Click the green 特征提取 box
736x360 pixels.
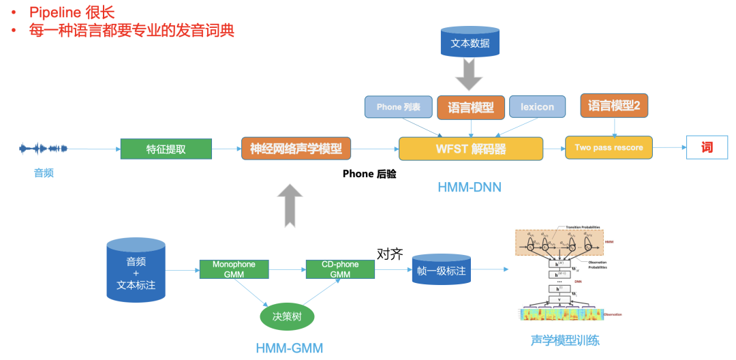click(166, 149)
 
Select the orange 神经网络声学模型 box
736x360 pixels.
click(296, 149)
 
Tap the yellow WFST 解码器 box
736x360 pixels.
click(470, 149)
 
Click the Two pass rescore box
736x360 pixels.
click(609, 147)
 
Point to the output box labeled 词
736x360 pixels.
click(707, 147)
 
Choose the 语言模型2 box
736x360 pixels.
click(614, 106)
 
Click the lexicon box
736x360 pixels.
click(537, 107)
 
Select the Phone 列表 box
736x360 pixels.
click(398, 107)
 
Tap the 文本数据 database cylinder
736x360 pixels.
click(470, 42)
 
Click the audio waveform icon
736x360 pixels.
click(44, 148)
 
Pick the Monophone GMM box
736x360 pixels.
click(234, 269)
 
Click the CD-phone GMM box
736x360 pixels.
click(340, 269)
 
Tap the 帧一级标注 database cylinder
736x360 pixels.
click(442, 270)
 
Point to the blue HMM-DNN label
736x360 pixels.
click(470, 186)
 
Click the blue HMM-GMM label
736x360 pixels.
click(289, 348)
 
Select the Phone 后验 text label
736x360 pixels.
click(369, 174)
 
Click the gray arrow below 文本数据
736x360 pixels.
click(470, 74)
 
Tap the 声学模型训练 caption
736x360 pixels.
click(565, 340)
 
